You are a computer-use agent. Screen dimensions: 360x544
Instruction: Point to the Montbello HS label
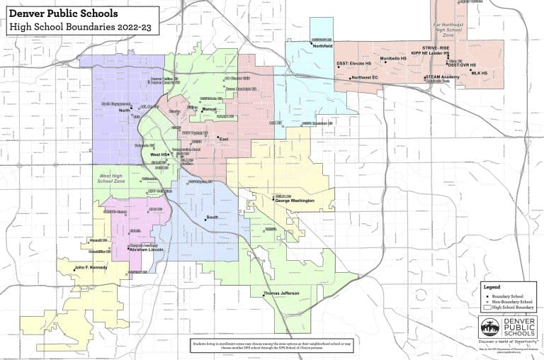click(395, 59)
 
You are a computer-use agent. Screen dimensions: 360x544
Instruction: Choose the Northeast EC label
click(365, 77)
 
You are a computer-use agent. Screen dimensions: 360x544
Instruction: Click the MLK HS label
click(480, 73)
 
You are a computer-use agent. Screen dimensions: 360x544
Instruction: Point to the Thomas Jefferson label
click(281, 293)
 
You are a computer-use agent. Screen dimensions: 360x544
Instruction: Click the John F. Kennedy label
click(91, 267)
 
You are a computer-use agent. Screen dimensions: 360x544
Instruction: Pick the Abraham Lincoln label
click(146, 250)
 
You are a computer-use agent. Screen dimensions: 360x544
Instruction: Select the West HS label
click(158, 154)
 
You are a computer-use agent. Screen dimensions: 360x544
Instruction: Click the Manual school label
click(209, 110)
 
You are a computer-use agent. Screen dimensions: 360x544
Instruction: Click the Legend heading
click(492, 286)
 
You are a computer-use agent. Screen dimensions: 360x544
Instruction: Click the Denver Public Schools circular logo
click(490, 327)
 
